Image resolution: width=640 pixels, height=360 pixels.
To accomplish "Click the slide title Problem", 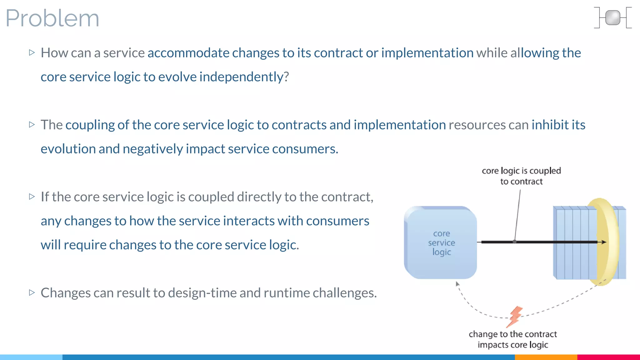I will (52, 18).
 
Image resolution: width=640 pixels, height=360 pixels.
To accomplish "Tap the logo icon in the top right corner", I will (612, 18).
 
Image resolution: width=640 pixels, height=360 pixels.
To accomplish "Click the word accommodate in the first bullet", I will (188, 53).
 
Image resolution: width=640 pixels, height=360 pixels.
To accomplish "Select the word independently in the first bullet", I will (241, 77).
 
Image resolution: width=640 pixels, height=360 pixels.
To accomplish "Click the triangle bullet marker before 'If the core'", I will (32, 197).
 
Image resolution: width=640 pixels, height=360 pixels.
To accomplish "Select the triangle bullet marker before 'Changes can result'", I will (32, 292).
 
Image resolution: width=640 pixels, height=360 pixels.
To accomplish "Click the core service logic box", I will (441, 243).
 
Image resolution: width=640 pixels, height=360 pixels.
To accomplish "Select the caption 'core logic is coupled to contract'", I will (521, 176).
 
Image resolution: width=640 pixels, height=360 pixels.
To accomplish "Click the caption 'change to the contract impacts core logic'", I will (512, 339).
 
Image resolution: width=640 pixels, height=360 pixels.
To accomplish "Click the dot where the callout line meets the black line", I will (514, 242).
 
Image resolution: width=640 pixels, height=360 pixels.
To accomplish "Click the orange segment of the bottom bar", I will (546, 357).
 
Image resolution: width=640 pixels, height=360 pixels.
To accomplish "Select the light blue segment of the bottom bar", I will (31, 357).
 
